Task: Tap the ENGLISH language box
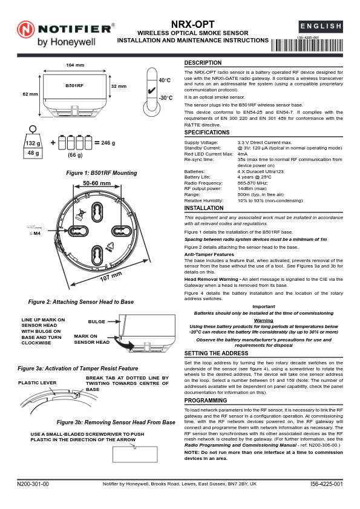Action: point(321,27)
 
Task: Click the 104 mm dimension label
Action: point(74,65)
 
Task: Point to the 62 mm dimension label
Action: point(30,94)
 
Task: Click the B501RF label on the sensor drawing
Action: point(74,87)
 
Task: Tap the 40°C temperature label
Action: point(165,80)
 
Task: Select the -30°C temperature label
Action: point(165,97)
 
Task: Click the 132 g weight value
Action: point(33,143)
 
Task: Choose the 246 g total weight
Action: point(108,143)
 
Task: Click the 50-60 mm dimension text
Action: point(97,183)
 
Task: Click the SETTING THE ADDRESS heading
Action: point(216,352)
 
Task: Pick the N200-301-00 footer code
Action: point(33,485)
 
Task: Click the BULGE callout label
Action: point(97,322)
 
